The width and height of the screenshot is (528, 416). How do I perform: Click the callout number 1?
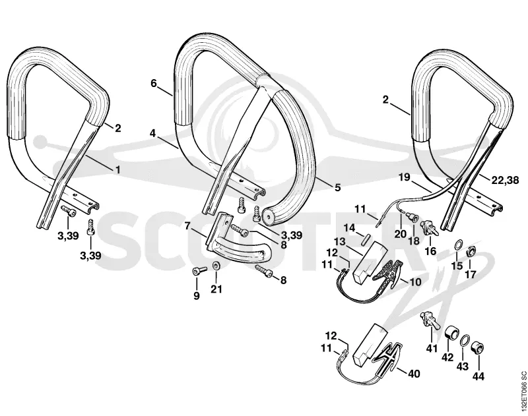(117, 170)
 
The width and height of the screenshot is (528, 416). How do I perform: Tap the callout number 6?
(154, 83)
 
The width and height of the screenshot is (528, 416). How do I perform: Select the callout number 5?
(337, 187)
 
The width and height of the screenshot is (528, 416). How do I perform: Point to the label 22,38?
(505, 181)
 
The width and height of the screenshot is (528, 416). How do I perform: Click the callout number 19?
(405, 177)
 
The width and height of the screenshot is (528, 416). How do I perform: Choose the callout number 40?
(414, 374)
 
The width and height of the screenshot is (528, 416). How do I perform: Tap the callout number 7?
(187, 225)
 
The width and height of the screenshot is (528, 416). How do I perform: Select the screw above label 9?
(199, 270)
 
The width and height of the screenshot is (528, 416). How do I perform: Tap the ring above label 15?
(458, 245)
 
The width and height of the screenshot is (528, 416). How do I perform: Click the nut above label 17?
(471, 251)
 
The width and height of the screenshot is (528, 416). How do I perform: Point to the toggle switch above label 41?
(428, 320)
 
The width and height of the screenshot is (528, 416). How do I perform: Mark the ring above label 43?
(465, 340)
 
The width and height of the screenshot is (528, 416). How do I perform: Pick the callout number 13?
(340, 241)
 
